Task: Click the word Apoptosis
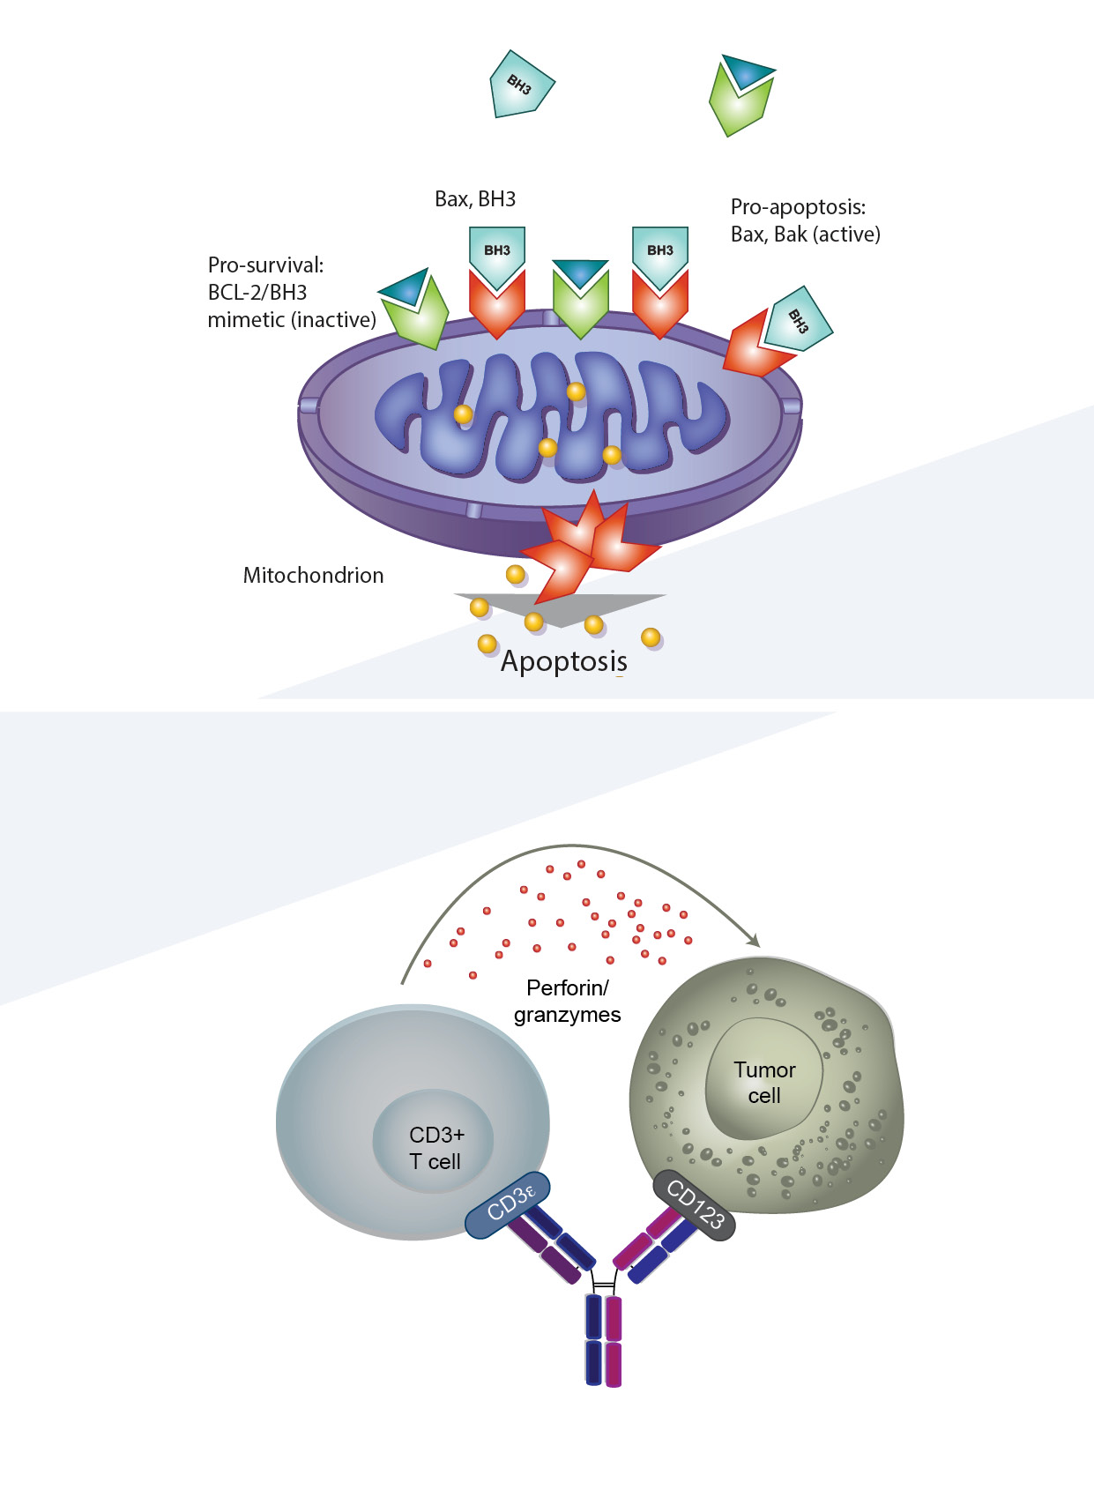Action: click(564, 661)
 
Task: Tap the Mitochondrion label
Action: click(313, 576)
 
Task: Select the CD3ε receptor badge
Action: click(508, 1203)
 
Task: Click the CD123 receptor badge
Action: click(695, 1205)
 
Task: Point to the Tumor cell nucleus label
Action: click(764, 1083)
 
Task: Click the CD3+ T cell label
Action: click(435, 1148)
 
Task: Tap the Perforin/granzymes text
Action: click(567, 1001)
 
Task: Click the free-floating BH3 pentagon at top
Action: click(521, 85)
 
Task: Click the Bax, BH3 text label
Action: click(475, 199)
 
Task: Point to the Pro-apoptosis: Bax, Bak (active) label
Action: click(805, 220)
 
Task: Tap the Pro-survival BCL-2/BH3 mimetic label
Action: click(292, 292)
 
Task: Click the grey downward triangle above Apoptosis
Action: click(561, 608)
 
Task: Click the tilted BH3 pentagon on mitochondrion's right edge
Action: click(797, 319)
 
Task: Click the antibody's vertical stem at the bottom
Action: click(604, 1340)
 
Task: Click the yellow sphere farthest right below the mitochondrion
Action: click(651, 637)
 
